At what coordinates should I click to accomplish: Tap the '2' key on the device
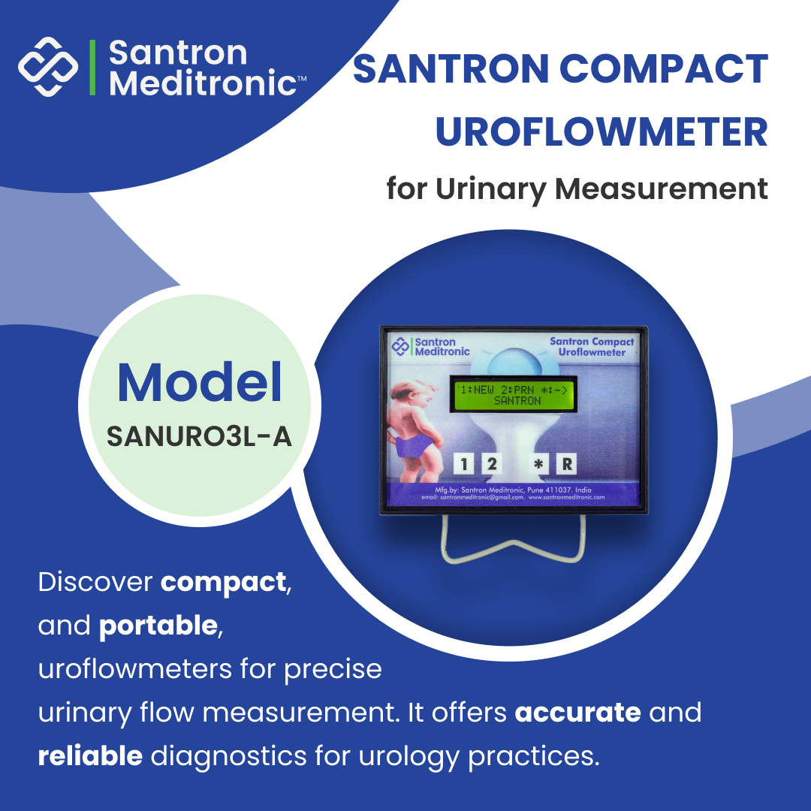tap(491, 464)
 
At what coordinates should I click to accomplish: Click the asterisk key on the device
tap(538, 464)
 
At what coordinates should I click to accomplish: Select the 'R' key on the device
tap(567, 464)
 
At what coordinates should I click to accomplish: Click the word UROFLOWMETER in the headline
tap(601, 132)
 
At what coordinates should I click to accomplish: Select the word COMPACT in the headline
tap(664, 70)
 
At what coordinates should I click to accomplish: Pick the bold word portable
tap(158, 626)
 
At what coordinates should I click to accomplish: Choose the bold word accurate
tap(577, 712)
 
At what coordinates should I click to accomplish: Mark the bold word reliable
tap(90, 756)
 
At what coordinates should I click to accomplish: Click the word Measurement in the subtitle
tap(662, 188)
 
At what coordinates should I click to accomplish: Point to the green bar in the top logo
tap(92, 67)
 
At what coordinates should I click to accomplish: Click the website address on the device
tap(566, 497)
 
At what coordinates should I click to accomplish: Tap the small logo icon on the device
tap(401, 346)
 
